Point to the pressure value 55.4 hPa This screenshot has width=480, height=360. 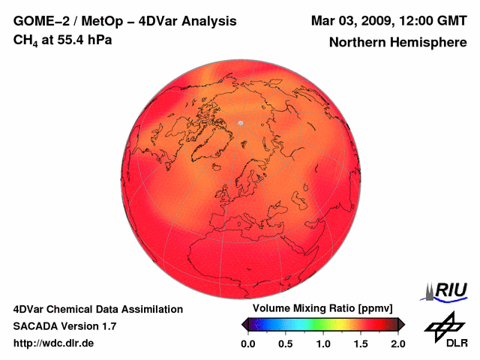pyautogui.click(x=83, y=39)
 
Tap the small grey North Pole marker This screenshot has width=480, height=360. pyautogui.click(x=241, y=122)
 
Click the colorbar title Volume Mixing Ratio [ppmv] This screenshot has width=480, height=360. pyautogui.click(x=322, y=309)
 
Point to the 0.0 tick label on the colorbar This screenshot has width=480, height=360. pyautogui.click(x=248, y=343)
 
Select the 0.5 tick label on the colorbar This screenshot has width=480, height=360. pyautogui.click(x=286, y=343)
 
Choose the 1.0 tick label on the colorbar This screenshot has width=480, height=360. pyautogui.click(x=323, y=343)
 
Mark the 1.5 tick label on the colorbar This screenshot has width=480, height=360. pyautogui.click(x=360, y=343)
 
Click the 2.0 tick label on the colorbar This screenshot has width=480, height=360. pyautogui.click(x=397, y=343)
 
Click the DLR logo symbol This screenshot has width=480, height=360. pyautogui.click(x=443, y=325)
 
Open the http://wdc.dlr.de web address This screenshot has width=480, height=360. pyautogui.click(x=54, y=343)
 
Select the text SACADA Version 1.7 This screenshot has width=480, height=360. pyautogui.click(x=64, y=326)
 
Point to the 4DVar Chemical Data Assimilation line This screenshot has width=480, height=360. pyautogui.click(x=97, y=309)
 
